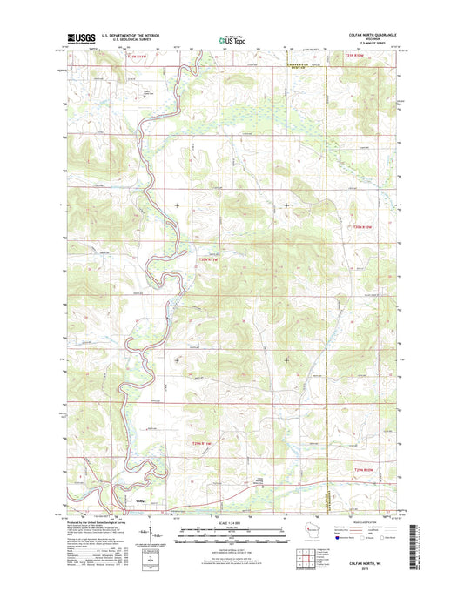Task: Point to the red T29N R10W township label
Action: tap(362, 469)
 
